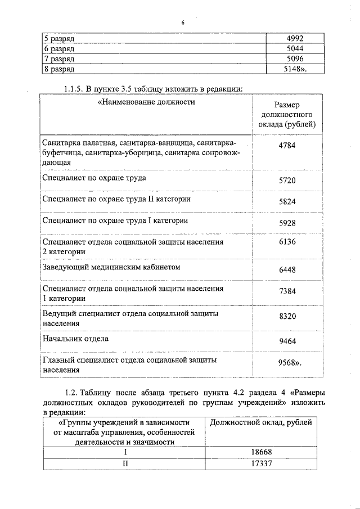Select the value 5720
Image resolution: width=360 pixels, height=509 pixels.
click(287, 181)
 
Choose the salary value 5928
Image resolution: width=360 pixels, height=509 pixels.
click(287, 223)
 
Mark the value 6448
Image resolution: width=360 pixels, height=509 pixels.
click(287, 271)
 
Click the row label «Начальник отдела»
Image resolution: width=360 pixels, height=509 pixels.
click(75, 339)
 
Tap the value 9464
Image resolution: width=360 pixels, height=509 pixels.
click(287, 341)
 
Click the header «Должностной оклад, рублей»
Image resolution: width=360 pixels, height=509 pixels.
click(260, 422)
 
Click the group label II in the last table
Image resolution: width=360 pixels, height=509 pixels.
click(126, 463)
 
